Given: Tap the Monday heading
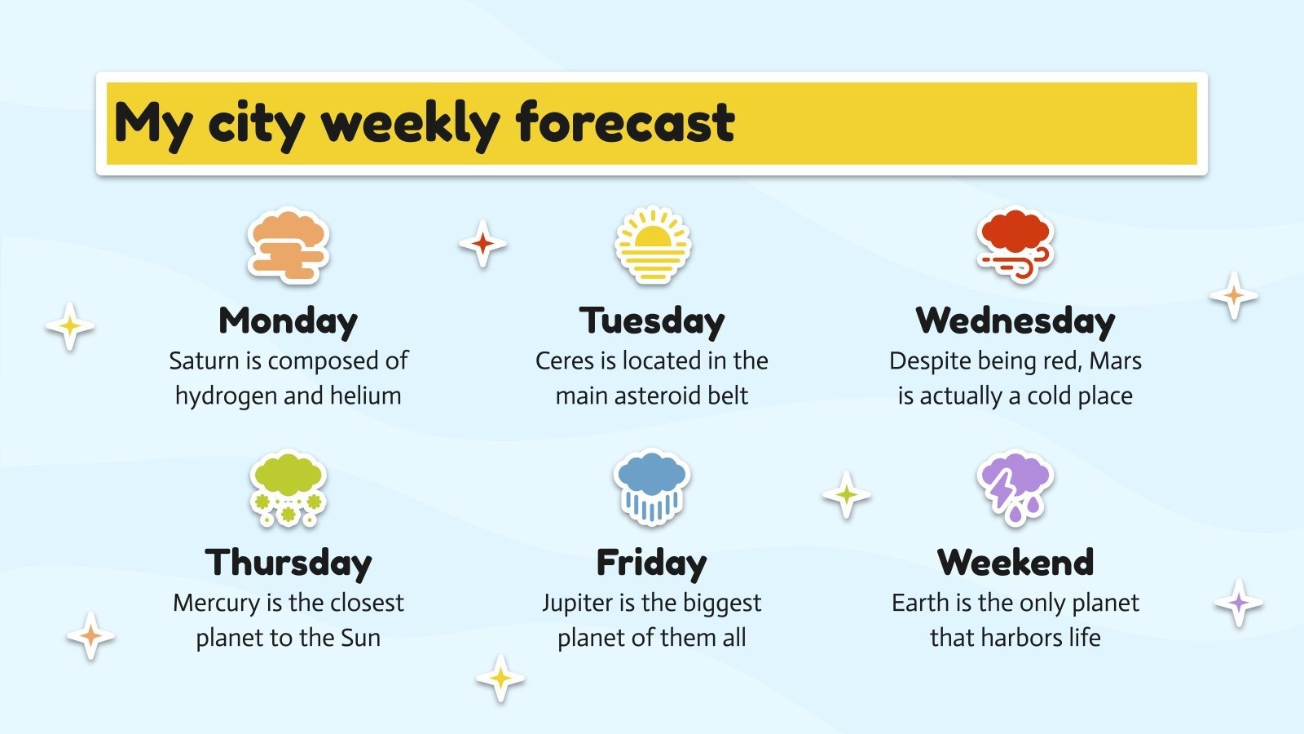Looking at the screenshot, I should [x=288, y=321].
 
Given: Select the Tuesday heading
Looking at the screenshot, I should [x=651, y=321].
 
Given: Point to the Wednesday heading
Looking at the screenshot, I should [x=1015, y=321].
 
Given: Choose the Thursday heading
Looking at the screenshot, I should [x=288, y=563].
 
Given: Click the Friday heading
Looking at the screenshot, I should [x=651, y=563].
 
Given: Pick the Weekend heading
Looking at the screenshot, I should [x=1015, y=563].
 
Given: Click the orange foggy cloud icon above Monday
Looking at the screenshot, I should [x=288, y=245].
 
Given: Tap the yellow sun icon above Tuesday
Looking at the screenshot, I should [x=652, y=245].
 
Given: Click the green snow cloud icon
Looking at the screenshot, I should [x=288, y=488].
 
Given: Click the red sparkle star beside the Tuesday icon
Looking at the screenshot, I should [x=482, y=243].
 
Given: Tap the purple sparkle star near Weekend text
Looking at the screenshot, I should [x=1239, y=604].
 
